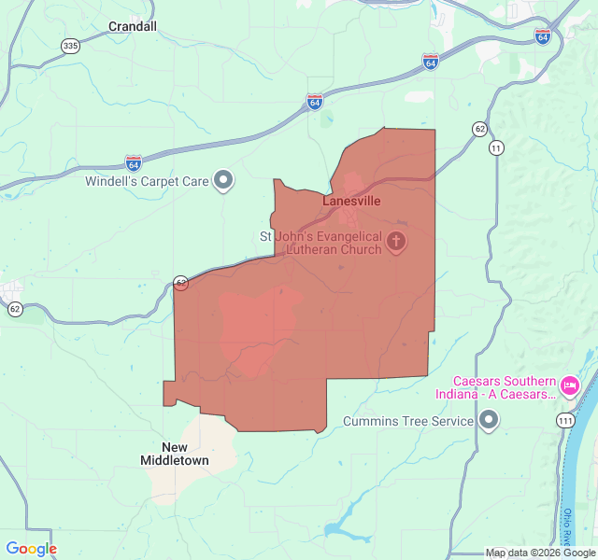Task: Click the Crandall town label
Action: pos(133,26)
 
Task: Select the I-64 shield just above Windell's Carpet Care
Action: pos(134,162)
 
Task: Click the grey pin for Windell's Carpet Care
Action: pos(223,180)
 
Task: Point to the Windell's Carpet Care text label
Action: pos(147,181)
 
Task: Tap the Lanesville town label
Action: pos(352,201)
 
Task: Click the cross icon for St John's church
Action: pos(396,243)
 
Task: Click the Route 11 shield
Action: pos(495,147)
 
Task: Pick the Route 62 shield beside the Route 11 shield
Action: pos(479,128)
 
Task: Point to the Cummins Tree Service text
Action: pos(408,422)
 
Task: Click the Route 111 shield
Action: pos(564,422)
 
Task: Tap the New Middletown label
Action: pos(175,454)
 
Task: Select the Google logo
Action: pos(31,549)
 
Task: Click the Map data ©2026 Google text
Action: pos(539,553)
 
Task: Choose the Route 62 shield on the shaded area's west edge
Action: pos(180,282)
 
